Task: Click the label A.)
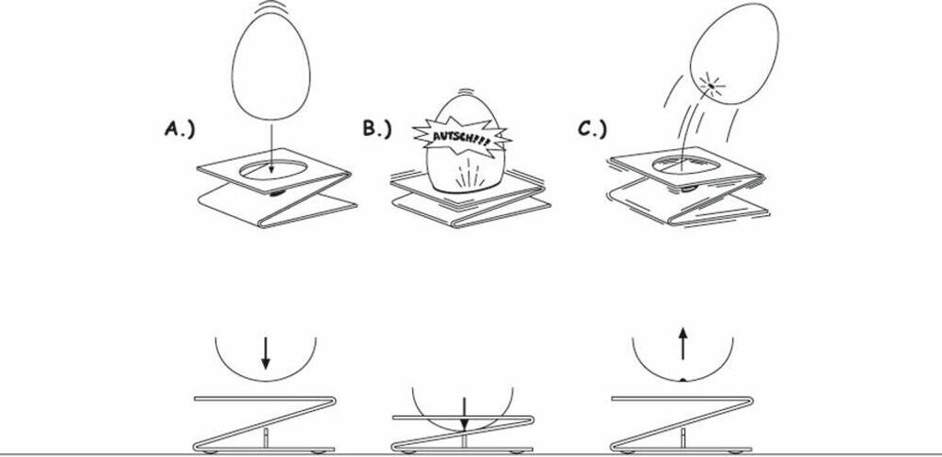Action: tap(179, 130)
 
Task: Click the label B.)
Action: tap(377, 130)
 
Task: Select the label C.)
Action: tap(592, 130)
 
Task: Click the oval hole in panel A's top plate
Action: tap(273, 169)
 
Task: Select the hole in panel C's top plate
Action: tap(688, 164)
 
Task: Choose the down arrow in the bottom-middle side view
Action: tap(465, 412)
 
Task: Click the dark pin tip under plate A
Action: tap(275, 194)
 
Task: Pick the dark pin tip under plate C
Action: tap(688, 189)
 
